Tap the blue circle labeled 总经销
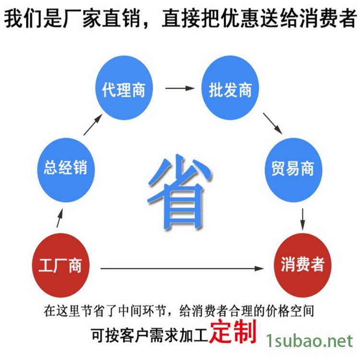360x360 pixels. [x=65, y=168]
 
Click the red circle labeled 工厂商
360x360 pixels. [x=60, y=265]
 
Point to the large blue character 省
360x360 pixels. [x=179, y=192]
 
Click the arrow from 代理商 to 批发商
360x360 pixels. [x=180, y=88]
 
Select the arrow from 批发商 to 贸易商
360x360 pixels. [x=272, y=123]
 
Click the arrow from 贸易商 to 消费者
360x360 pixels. [x=302, y=218]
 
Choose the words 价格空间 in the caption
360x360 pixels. [x=290, y=311]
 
